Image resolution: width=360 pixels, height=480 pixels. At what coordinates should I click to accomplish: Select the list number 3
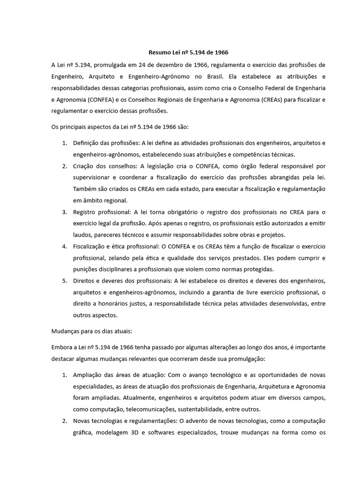point(65,212)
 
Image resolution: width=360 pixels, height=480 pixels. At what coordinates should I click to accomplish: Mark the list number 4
point(65,247)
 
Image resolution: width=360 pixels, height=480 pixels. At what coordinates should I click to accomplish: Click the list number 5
point(65,281)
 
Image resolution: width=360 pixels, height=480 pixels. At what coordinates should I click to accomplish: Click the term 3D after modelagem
point(139,432)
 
